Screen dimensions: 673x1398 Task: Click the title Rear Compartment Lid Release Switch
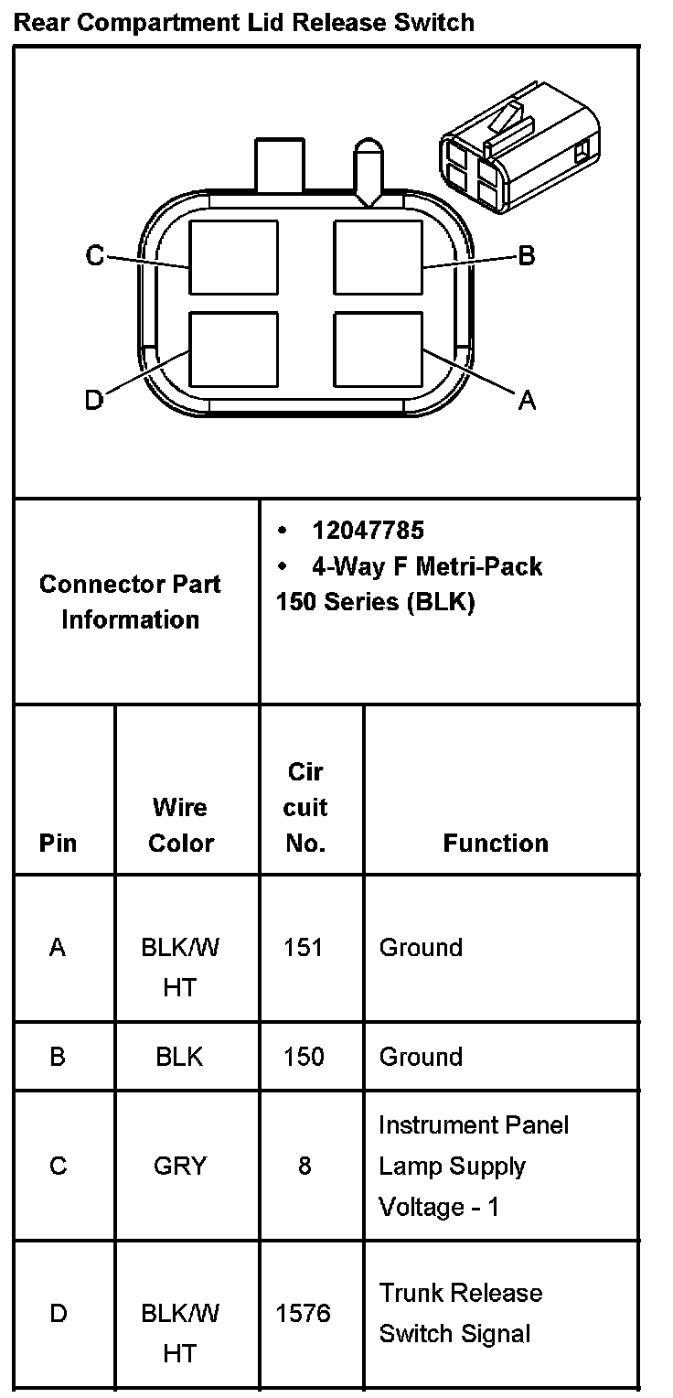[244, 22]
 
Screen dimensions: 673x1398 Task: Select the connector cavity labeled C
[233, 257]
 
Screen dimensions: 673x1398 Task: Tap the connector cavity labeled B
[378, 257]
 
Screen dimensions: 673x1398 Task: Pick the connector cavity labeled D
[233, 349]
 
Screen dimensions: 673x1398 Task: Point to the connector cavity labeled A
[378, 349]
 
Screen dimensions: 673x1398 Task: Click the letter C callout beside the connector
[95, 256]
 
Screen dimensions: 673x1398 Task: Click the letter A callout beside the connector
[527, 400]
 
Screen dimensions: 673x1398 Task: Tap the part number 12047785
[368, 531]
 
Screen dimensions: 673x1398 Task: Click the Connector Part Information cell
[130, 601]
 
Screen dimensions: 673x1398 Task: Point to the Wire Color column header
[180, 825]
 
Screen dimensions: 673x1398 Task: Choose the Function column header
[496, 843]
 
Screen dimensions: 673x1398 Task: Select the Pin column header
[58, 843]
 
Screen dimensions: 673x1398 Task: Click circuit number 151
[304, 947]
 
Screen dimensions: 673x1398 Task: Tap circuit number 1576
[304, 1313]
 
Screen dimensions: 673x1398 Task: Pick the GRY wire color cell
[180, 1166]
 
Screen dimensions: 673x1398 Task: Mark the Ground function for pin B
[421, 1057]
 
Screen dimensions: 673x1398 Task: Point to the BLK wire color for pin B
[180, 1057]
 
